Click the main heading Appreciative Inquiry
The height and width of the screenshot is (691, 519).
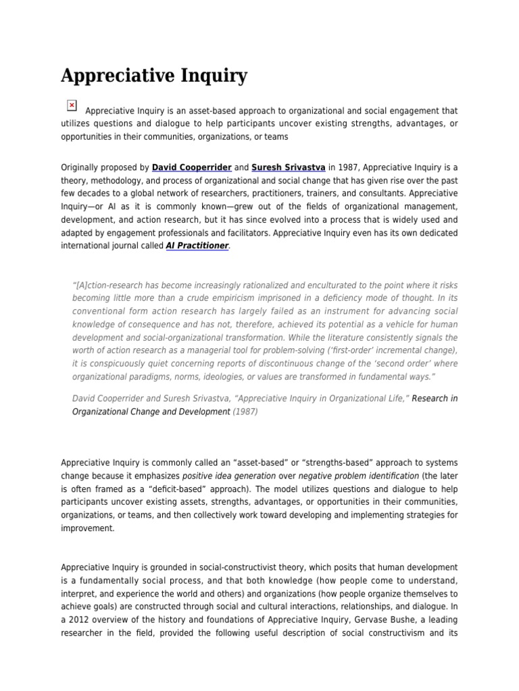pos(154,76)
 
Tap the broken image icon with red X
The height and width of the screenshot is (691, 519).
pos(72,105)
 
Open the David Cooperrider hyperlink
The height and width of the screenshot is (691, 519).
pos(192,167)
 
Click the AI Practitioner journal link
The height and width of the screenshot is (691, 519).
pos(197,246)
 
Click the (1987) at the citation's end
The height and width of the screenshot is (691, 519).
pos(245,411)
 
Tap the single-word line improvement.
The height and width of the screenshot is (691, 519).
pos(88,528)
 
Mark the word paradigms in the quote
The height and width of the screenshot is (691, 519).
pos(153,377)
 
